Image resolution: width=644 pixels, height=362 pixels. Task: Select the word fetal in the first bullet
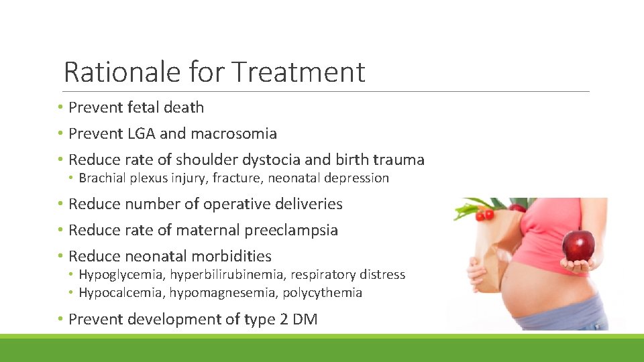pos(143,107)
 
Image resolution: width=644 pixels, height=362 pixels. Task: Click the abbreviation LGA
pos(141,133)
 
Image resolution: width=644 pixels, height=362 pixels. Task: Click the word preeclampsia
pos(291,230)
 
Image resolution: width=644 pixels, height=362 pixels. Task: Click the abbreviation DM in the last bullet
pos(305,319)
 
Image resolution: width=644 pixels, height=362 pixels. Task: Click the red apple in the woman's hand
pos(578,247)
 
